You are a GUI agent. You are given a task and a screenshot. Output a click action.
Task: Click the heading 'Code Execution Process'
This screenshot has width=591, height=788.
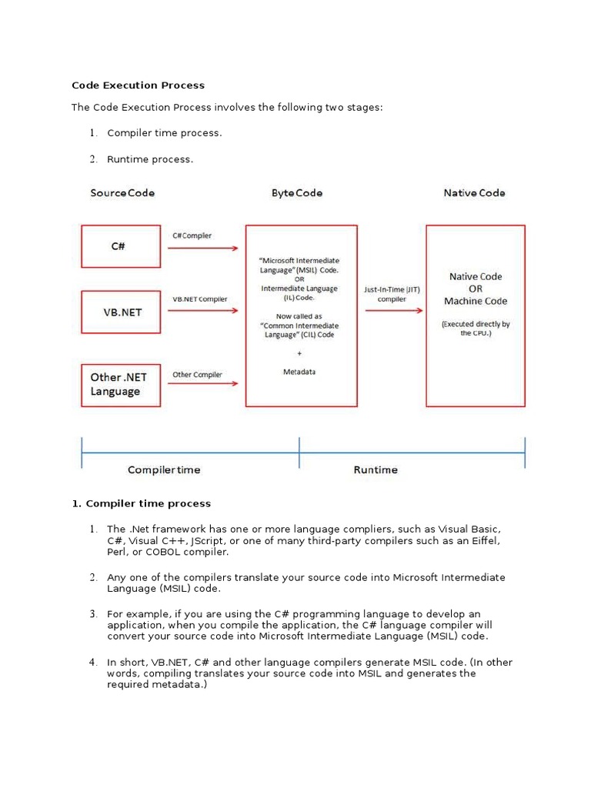coord(139,85)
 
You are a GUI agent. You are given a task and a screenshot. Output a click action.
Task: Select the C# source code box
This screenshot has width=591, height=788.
coord(120,246)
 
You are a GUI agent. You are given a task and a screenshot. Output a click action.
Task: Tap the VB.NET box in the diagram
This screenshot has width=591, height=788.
coord(120,312)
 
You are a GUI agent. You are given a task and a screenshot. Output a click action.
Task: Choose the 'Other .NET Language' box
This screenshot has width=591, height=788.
coord(120,384)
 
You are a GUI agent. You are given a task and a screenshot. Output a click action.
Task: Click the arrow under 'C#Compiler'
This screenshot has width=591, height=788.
coord(204,249)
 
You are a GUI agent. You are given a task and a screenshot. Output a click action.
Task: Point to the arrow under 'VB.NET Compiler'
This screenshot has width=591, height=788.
coord(204,312)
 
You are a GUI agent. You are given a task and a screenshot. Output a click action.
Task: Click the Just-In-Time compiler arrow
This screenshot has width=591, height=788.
coord(394,310)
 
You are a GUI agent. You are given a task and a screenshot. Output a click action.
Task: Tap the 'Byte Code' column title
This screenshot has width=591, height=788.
coord(297,192)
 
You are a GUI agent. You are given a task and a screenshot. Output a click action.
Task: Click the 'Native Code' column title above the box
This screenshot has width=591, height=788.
coord(474,192)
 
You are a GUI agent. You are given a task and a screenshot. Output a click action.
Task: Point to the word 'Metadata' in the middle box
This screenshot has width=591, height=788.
coord(299,372)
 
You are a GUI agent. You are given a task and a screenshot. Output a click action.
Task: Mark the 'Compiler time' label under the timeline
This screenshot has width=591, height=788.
coord(164,469)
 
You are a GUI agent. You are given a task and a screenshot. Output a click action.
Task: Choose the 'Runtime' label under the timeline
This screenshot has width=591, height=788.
coord(376,469)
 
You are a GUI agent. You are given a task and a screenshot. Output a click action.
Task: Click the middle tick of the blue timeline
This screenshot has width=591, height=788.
coord(299,452)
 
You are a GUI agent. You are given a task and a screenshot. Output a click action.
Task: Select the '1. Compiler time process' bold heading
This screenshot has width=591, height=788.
coord(141,503)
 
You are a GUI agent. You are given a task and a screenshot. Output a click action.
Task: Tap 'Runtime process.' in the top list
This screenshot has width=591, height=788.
coord(150,159)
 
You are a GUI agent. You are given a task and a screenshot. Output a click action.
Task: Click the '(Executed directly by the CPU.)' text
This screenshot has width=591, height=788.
coord(476,329)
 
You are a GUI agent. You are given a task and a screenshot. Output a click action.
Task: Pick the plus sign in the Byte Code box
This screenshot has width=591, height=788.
coord(299,353)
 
